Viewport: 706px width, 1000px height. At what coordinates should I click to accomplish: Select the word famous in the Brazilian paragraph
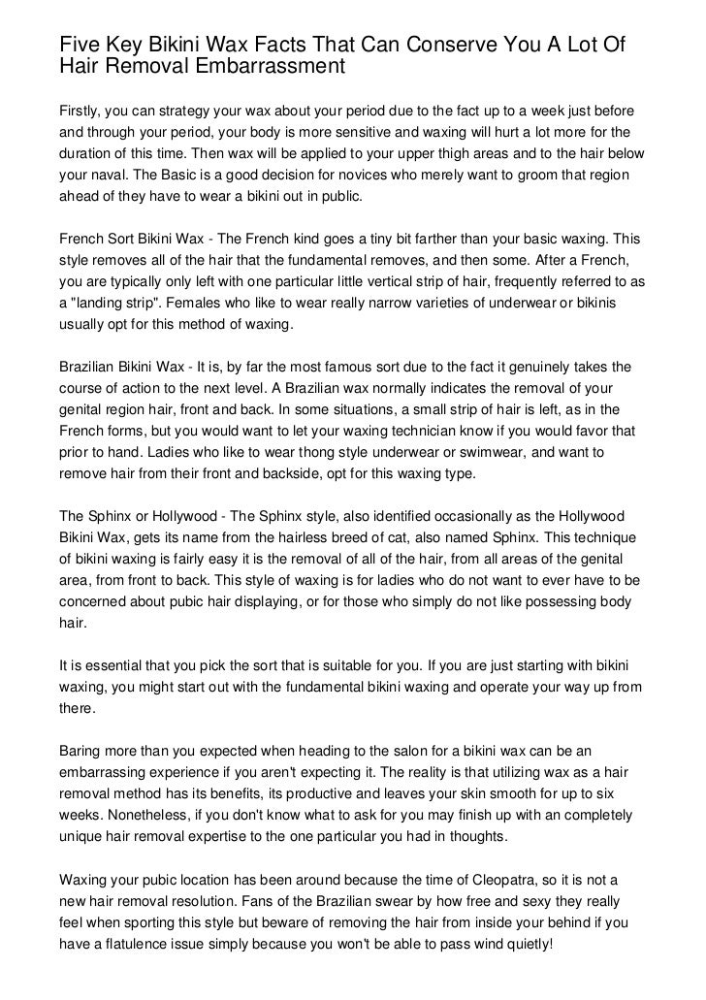coord(361,369)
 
